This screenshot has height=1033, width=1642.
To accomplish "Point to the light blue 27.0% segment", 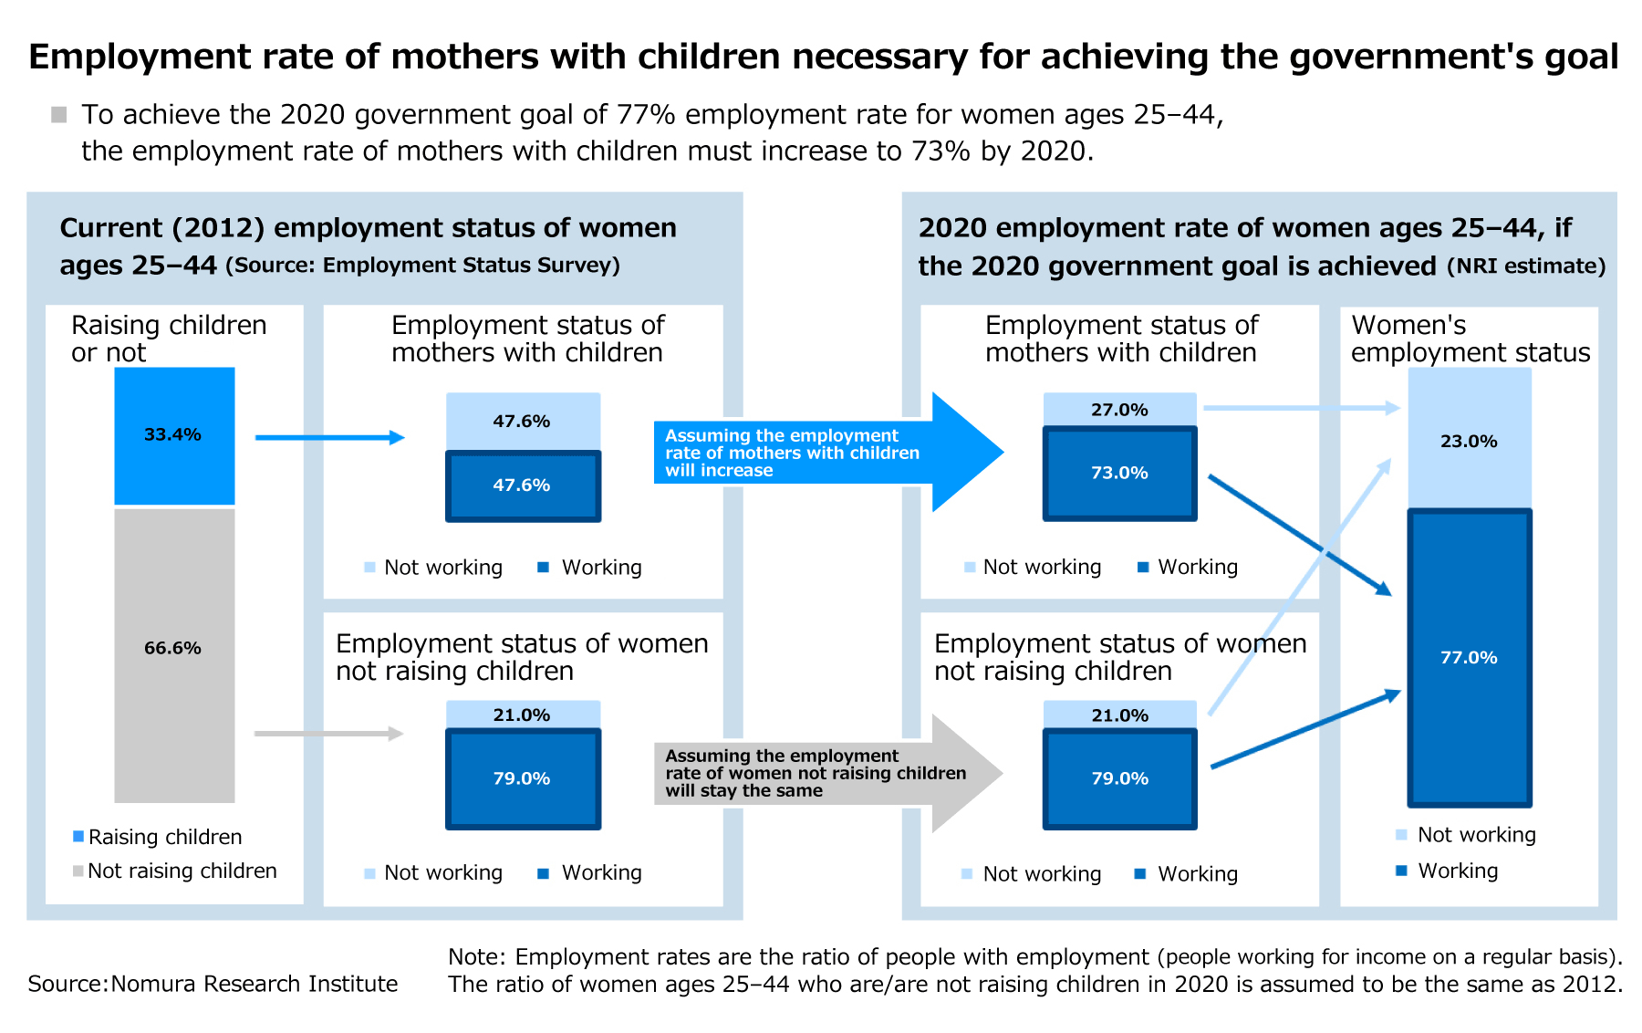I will (1119, 409).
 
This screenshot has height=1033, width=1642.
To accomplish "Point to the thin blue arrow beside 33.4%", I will (328, 438).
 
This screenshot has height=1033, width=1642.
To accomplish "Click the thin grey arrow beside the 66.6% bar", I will (328, 734).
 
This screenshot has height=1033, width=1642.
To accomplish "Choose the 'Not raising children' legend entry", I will (182, 871).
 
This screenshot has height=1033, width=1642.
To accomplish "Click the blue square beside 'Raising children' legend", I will (78, 836).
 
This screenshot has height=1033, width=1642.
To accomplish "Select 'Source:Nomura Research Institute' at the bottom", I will (213, 984).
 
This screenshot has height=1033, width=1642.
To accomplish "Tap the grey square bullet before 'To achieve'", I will (59, 115).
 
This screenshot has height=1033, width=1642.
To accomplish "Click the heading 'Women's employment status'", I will (1470, 339).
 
